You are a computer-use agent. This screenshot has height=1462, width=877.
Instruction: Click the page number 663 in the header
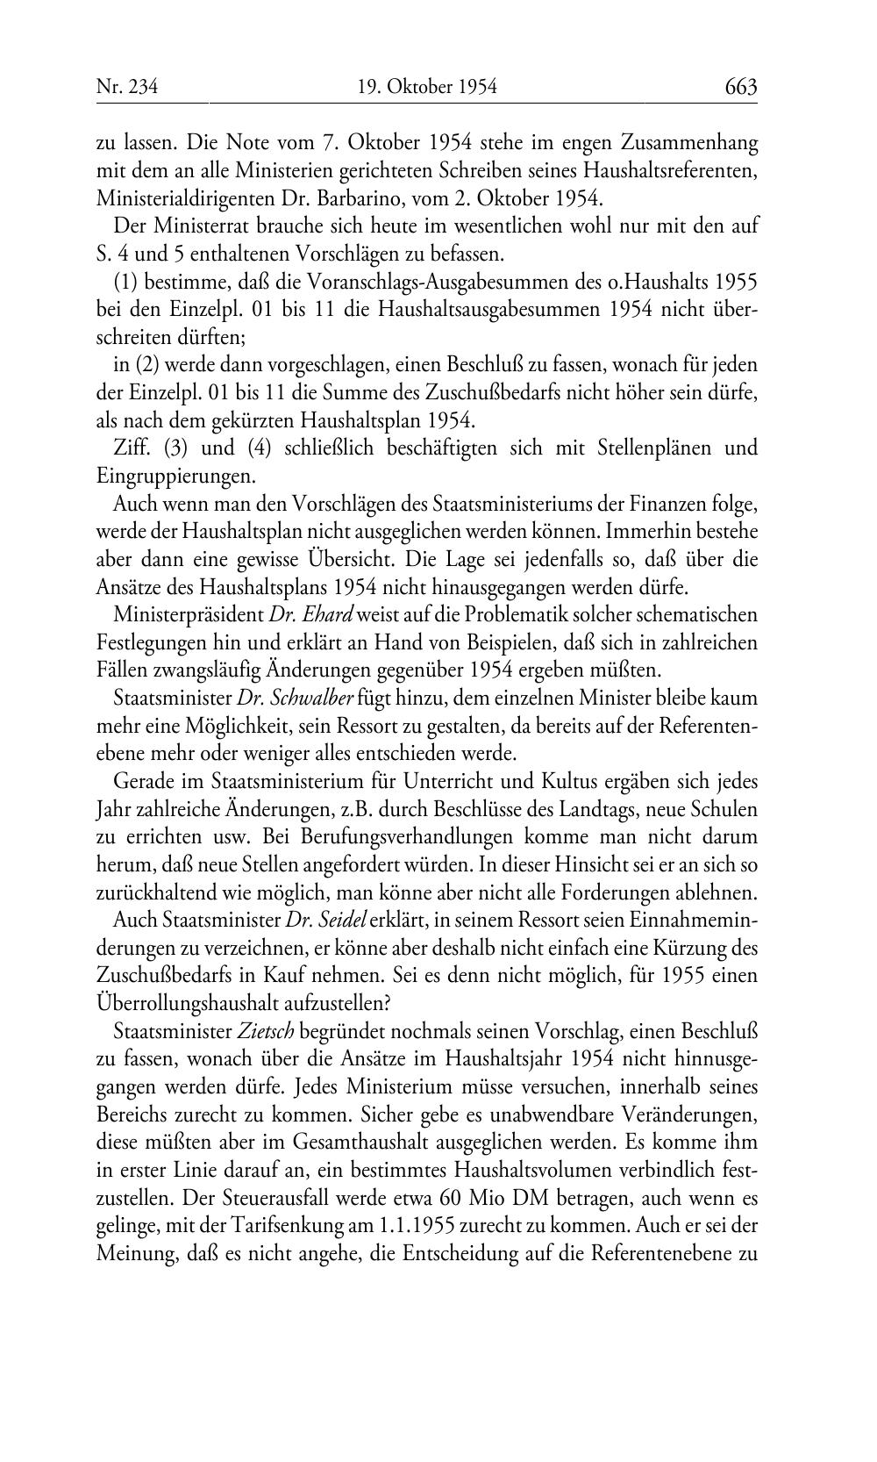tap(740, 86)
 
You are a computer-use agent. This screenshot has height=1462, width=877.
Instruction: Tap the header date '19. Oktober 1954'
tap(427, 86)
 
